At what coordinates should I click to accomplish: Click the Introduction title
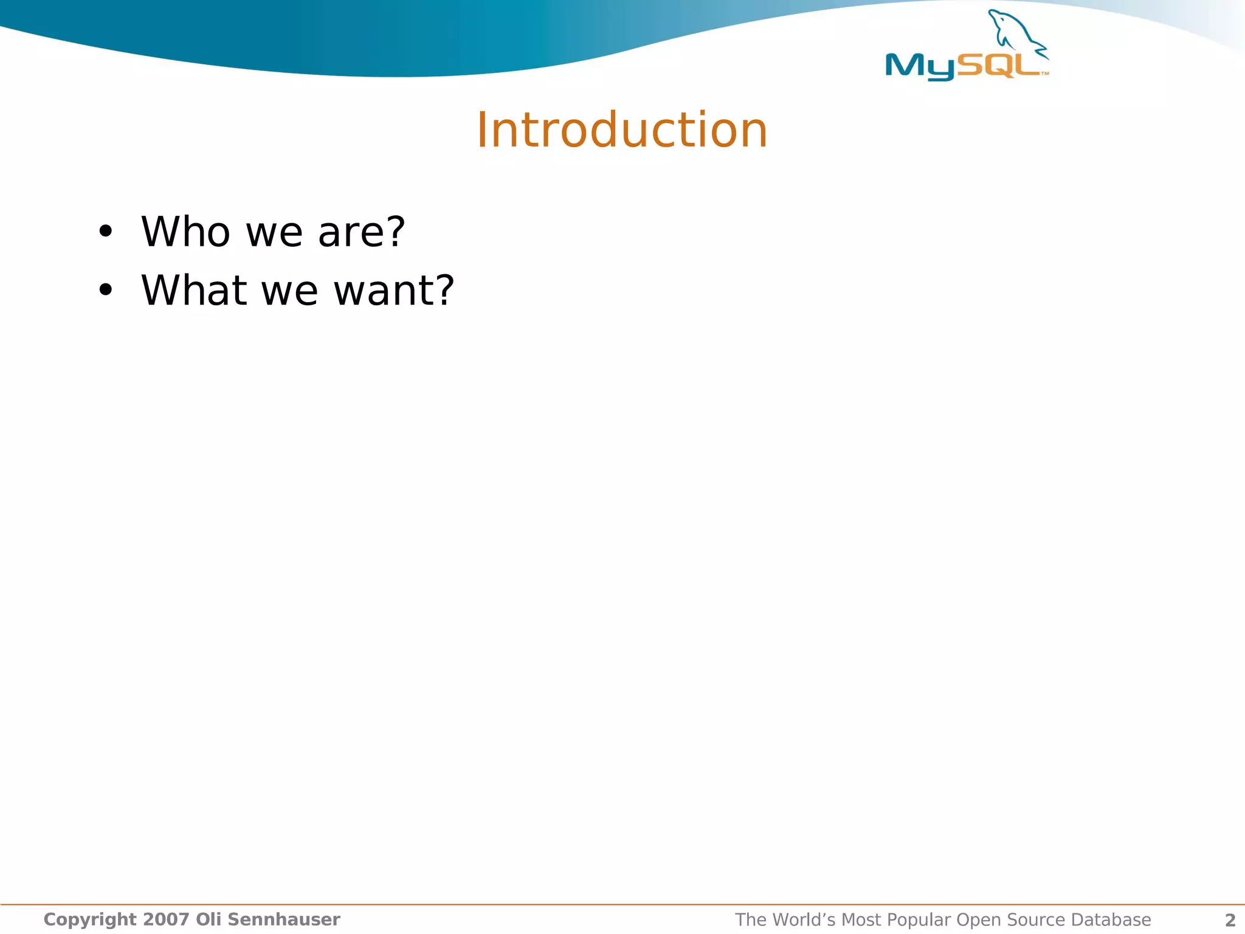point(622,130)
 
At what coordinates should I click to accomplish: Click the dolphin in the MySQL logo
point(1016,33)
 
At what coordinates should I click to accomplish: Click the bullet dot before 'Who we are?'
point(106,232)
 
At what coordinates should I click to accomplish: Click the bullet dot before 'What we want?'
point(106,290)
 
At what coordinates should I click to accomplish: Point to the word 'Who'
point(185,232)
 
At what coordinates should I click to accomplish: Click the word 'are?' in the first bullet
point(361,232)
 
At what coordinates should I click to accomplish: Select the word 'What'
point(194,290)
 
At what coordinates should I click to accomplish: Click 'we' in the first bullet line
point(274,233)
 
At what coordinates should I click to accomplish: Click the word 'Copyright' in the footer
point(90,920)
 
